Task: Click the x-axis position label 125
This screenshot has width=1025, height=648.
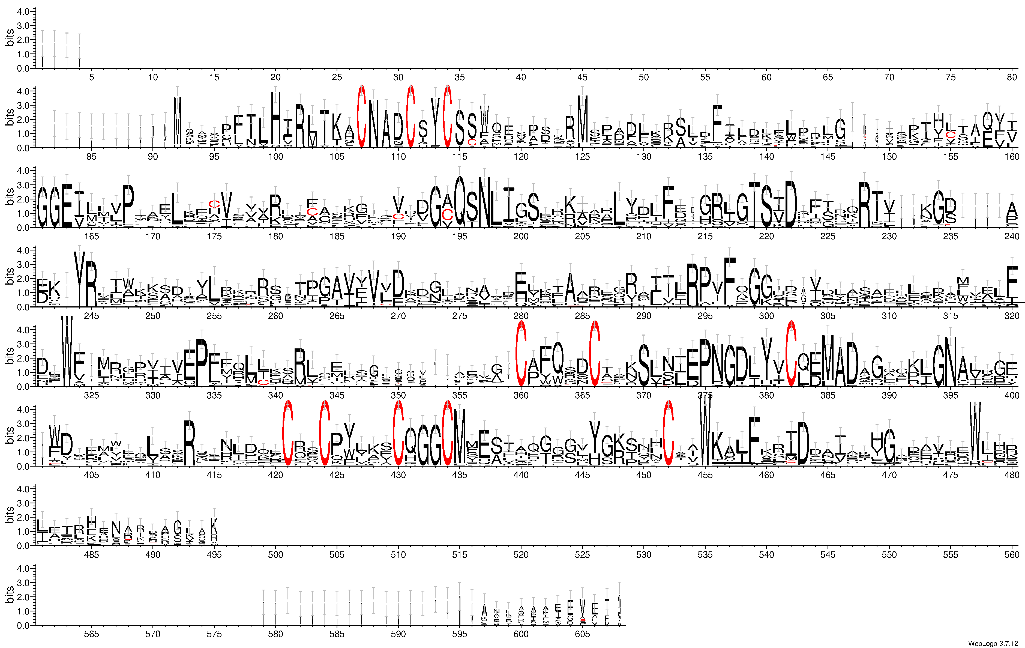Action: (x=582, y=157)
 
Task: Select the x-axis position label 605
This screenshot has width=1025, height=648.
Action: (x=582, y=634)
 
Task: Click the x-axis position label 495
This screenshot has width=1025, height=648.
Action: (x=214, y=555)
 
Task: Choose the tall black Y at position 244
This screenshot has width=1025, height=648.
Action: (x=79, y=279)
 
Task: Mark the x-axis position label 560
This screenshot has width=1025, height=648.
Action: (x=1012, y=555)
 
